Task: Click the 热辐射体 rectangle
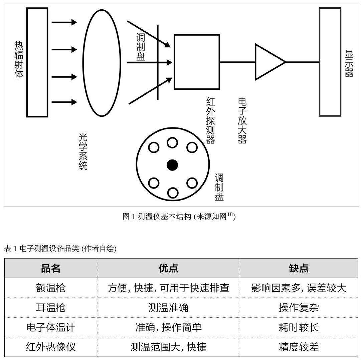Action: click(37, 62)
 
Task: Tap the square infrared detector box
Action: click(197, 62)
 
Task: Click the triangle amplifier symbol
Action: click(268, 62)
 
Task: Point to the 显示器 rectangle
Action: click(330, 62)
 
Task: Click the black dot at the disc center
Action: click(172, 165)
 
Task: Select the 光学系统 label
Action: click(83, 151)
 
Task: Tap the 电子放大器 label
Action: click(242, 120)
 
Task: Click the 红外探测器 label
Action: click(210, 120)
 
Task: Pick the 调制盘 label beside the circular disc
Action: click(219, 187)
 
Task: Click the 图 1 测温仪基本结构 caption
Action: click(179, 217)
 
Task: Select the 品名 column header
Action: click(51, 268)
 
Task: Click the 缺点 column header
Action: click(299, 268)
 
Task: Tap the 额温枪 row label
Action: click(51, 288)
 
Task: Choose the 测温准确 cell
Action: click(168, 308)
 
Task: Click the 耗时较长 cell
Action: click(299, 327)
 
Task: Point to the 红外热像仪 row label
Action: click(51, 347)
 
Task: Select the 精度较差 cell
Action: click(299, 347)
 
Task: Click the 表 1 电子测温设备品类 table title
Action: click(60, 249)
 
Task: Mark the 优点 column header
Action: click(168, 268)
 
